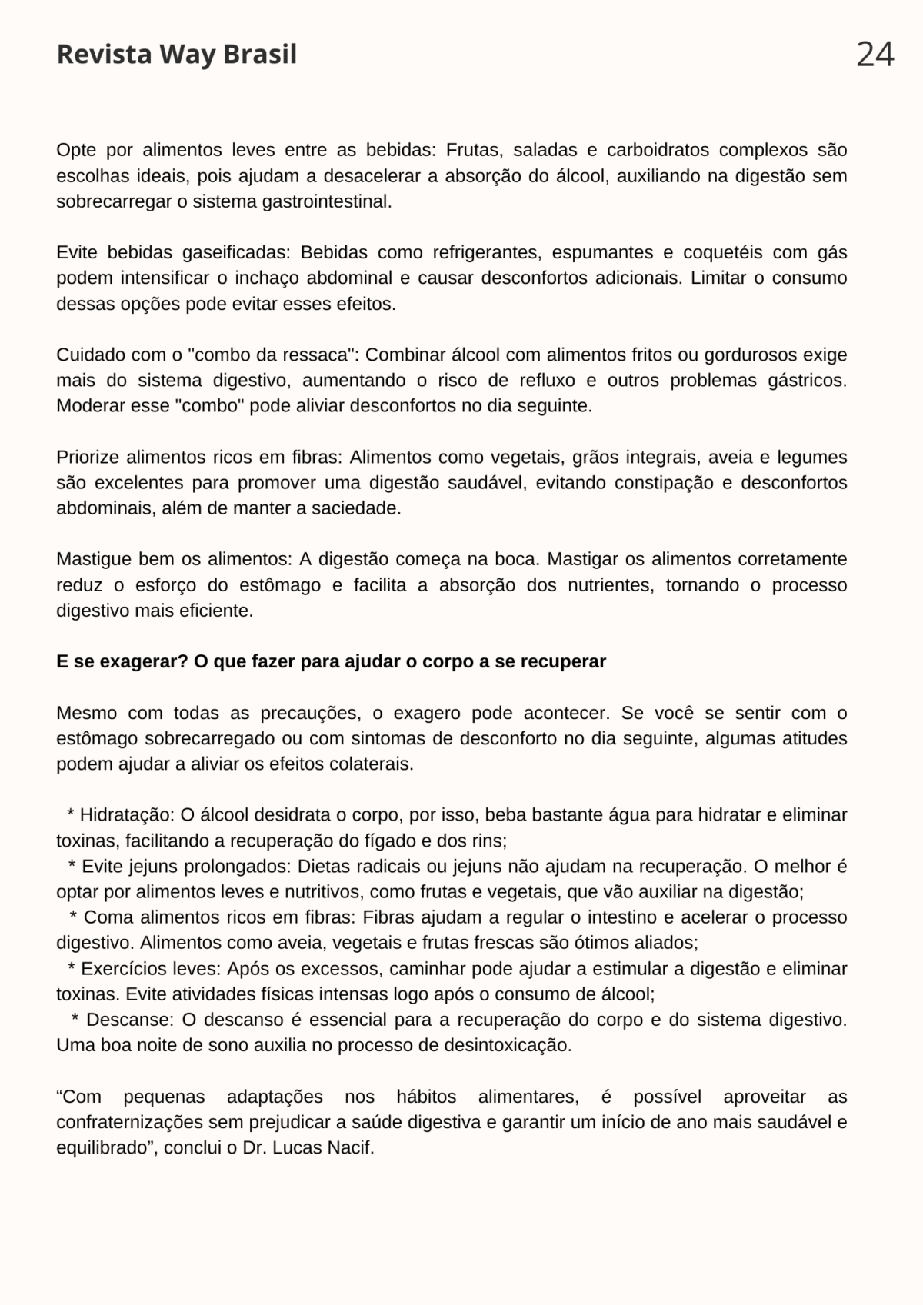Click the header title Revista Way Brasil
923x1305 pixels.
(x=176, y=55)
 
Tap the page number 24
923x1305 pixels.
(x=875, y=55)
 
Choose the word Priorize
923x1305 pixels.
(x=87, y=457)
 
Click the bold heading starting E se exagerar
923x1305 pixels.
(x=331, y=661)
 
